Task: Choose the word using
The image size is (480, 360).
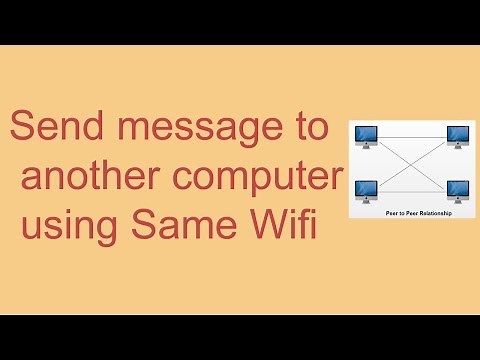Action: (x=65, y=226)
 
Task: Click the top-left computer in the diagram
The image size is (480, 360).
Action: (x=365, y=137)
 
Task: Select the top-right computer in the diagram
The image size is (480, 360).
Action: (x=458, y=137)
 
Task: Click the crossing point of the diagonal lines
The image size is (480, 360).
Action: (x=412, y=162)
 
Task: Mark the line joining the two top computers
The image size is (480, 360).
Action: (x=412, y=134)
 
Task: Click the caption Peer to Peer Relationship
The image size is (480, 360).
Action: (x=412, y=213)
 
